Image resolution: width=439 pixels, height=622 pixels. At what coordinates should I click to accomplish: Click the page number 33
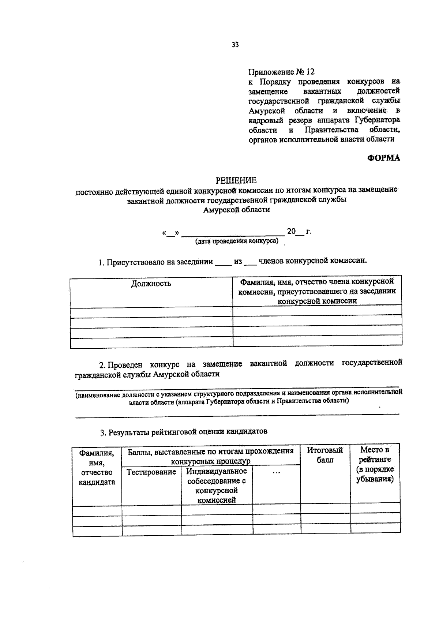point(235,45)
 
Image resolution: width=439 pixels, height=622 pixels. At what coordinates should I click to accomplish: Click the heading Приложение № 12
point(281,72)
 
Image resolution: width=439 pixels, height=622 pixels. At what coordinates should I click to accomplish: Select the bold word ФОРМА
point(384,158)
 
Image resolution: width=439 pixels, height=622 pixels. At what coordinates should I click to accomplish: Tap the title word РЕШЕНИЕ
point(236,180)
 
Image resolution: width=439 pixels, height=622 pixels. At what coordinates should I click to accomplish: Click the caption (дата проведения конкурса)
point(237,241)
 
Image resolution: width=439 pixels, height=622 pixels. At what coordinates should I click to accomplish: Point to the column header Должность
point(151,284)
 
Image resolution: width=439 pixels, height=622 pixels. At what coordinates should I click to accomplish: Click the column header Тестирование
point(151,472)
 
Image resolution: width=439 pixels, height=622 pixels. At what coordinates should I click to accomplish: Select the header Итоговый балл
point(325,455)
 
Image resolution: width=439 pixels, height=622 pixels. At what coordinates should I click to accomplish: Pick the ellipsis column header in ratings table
point(276,472)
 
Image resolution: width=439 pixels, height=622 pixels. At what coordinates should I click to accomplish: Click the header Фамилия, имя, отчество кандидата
point(97,468)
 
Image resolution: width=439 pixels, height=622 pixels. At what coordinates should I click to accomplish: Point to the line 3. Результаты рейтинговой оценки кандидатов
point(184,432)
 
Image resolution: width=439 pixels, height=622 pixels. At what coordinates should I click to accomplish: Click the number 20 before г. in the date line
point(291,231)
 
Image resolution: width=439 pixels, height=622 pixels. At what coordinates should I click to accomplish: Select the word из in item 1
point(238,262)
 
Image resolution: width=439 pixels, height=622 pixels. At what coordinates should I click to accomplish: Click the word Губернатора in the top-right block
point(376,120)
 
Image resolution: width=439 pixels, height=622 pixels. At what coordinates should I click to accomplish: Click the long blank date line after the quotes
point(233,234)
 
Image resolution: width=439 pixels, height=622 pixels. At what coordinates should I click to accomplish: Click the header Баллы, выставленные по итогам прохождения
point(210,451)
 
